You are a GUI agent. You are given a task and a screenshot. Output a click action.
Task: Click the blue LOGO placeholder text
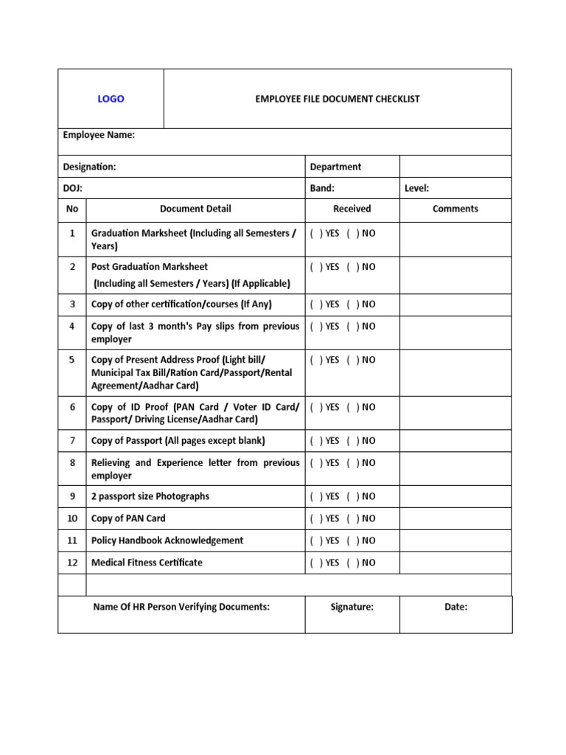coord(111,99)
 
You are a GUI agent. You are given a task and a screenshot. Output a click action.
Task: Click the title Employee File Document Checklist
coord(337,99)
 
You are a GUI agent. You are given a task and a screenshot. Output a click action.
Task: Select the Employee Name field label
coord(99,135)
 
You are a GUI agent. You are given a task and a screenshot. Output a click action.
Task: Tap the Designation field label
coord(89,167)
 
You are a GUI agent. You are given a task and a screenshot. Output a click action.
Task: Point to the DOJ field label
coord(72,188)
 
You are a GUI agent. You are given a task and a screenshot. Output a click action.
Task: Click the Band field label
coord(322,188)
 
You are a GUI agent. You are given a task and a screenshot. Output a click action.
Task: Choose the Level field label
coord(416,188)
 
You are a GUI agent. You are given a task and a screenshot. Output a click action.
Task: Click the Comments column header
coord(455,209)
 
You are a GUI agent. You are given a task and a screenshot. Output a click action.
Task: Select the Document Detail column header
coord(195,209)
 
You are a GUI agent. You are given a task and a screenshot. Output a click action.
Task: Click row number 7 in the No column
coord(72,440)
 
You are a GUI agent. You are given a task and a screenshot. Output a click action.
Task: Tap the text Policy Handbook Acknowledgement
coord(167,540)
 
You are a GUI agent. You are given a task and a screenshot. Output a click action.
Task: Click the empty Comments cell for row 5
coord(455,372)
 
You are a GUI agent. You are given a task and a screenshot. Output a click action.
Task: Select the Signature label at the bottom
coord(352,607)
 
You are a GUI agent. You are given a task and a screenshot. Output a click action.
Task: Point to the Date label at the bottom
coord(455,607)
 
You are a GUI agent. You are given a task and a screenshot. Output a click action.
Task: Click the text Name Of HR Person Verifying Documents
coord(181,607)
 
